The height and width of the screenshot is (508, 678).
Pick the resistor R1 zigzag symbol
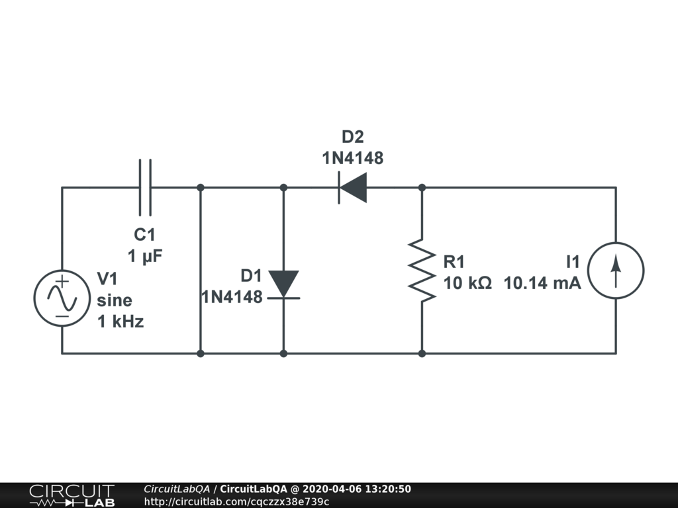pyautogui.click(x=422, y=271)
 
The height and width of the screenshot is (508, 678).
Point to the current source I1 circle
pyautogui.click(x=616, y=271)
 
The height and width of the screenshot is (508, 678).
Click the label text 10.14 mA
pyautogui.click(x=542, y=283)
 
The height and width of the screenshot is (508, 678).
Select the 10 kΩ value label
pyautogui.click(x=467, y=283)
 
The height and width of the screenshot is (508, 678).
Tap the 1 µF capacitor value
pyautogui.click(x=145, y=256)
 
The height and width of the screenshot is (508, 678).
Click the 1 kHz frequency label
pyautogui.click(x=120, y=322)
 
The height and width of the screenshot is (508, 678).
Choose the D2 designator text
pyautogui.click(x=352, y=138)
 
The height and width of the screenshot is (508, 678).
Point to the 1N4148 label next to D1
pyautogui.click(x=232, y=296)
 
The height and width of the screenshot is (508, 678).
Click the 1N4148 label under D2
pyautogui.click(x=352, y=158)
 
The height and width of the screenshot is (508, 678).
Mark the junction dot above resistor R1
pyautogui.click(x=422, y=188)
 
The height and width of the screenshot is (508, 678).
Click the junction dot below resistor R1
pyautogui.click(x=422, y=353)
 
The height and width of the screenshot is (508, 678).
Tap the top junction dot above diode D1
pyautogui.click(x=283, y=188)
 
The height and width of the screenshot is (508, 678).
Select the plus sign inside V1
pyautogui.click(x=62, y=282)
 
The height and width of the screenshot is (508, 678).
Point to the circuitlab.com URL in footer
pyautogui.click(x=236, y=501)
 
